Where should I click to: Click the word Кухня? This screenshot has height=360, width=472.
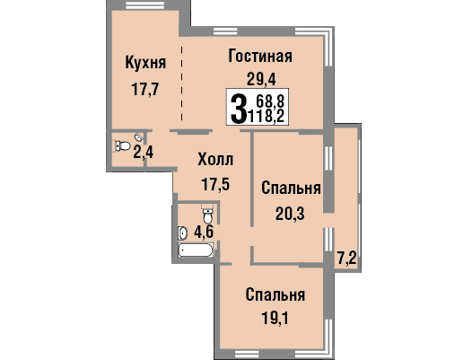tap(145, 63)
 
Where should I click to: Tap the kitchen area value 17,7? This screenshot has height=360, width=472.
tap(145, 89)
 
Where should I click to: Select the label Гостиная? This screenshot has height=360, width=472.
tap(260, 56)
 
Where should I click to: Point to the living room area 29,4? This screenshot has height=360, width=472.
tap(261, 80)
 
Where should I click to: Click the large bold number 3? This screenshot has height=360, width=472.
tap(238, 108)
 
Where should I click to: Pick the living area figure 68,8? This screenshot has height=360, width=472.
tap(270, 101)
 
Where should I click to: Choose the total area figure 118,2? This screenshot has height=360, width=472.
tap(266, 116)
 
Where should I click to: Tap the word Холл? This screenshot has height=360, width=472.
tap(215, 160)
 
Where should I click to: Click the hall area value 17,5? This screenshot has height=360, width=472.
tap(215, 184)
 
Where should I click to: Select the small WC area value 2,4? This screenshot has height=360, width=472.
tap(144, 152)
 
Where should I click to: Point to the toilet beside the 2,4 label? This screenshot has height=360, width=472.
tap(123, 146)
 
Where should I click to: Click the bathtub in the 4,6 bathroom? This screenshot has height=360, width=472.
tap(196, 250)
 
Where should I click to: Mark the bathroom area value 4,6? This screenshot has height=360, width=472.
tap(204, 232)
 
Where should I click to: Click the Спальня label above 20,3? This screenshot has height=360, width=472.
tap(291, 189)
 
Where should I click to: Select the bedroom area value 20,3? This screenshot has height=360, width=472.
tap(290, 215)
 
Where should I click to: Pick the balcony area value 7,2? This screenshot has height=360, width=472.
tap(346, 259)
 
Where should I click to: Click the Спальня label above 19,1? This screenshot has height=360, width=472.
tap(275, 294)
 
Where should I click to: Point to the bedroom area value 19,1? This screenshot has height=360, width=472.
tap(275, 319)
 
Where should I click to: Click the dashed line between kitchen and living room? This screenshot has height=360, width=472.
tap(181, 83)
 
